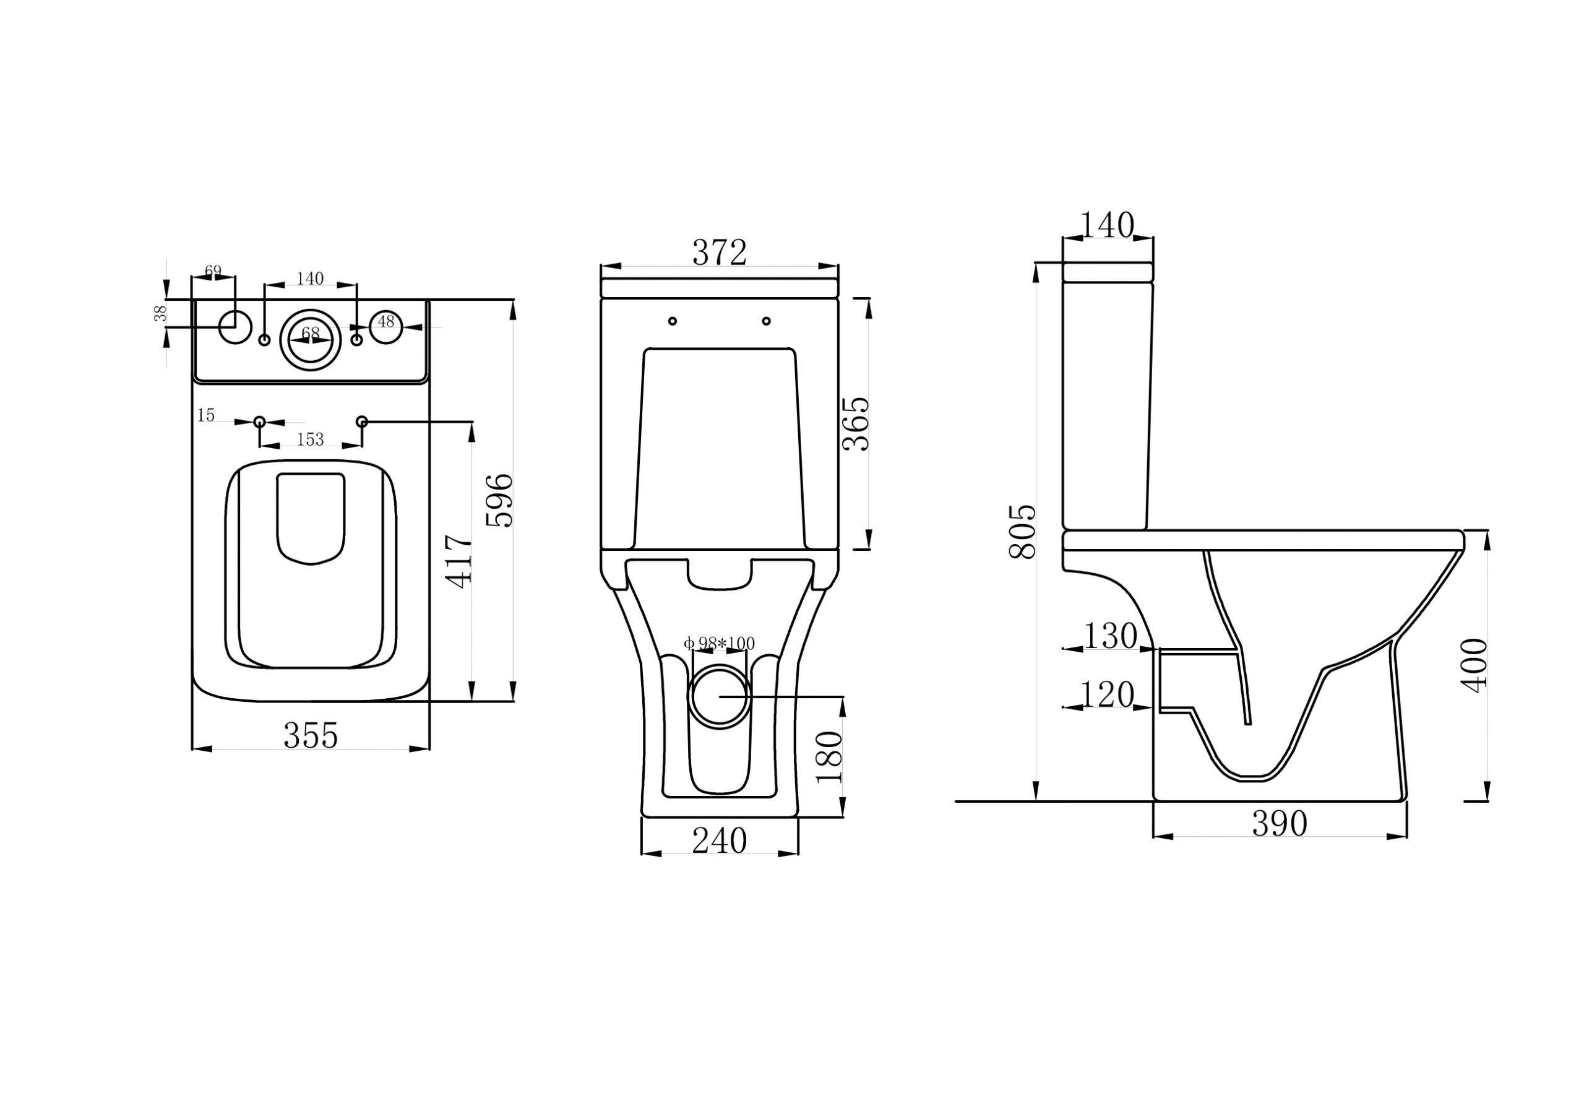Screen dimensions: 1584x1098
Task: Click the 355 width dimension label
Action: point(310,735)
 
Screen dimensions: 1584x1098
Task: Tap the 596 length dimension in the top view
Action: point(500,500)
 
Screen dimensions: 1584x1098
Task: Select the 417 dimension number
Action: point(458,562)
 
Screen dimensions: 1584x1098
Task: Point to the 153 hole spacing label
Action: point(310,439)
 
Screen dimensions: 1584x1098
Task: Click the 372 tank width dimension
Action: point(720,253)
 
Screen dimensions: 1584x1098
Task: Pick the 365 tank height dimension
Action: point(856,424)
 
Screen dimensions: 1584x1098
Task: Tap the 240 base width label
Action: point(720,840)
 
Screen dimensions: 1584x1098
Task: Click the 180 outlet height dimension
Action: point(829,757)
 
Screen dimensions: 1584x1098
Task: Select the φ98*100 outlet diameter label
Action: point(719,643)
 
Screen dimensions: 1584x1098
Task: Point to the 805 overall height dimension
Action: point(1022,531)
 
